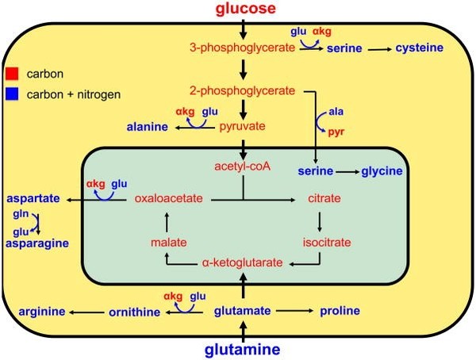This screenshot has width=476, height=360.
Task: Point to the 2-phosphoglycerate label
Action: [x=245, y=90]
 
